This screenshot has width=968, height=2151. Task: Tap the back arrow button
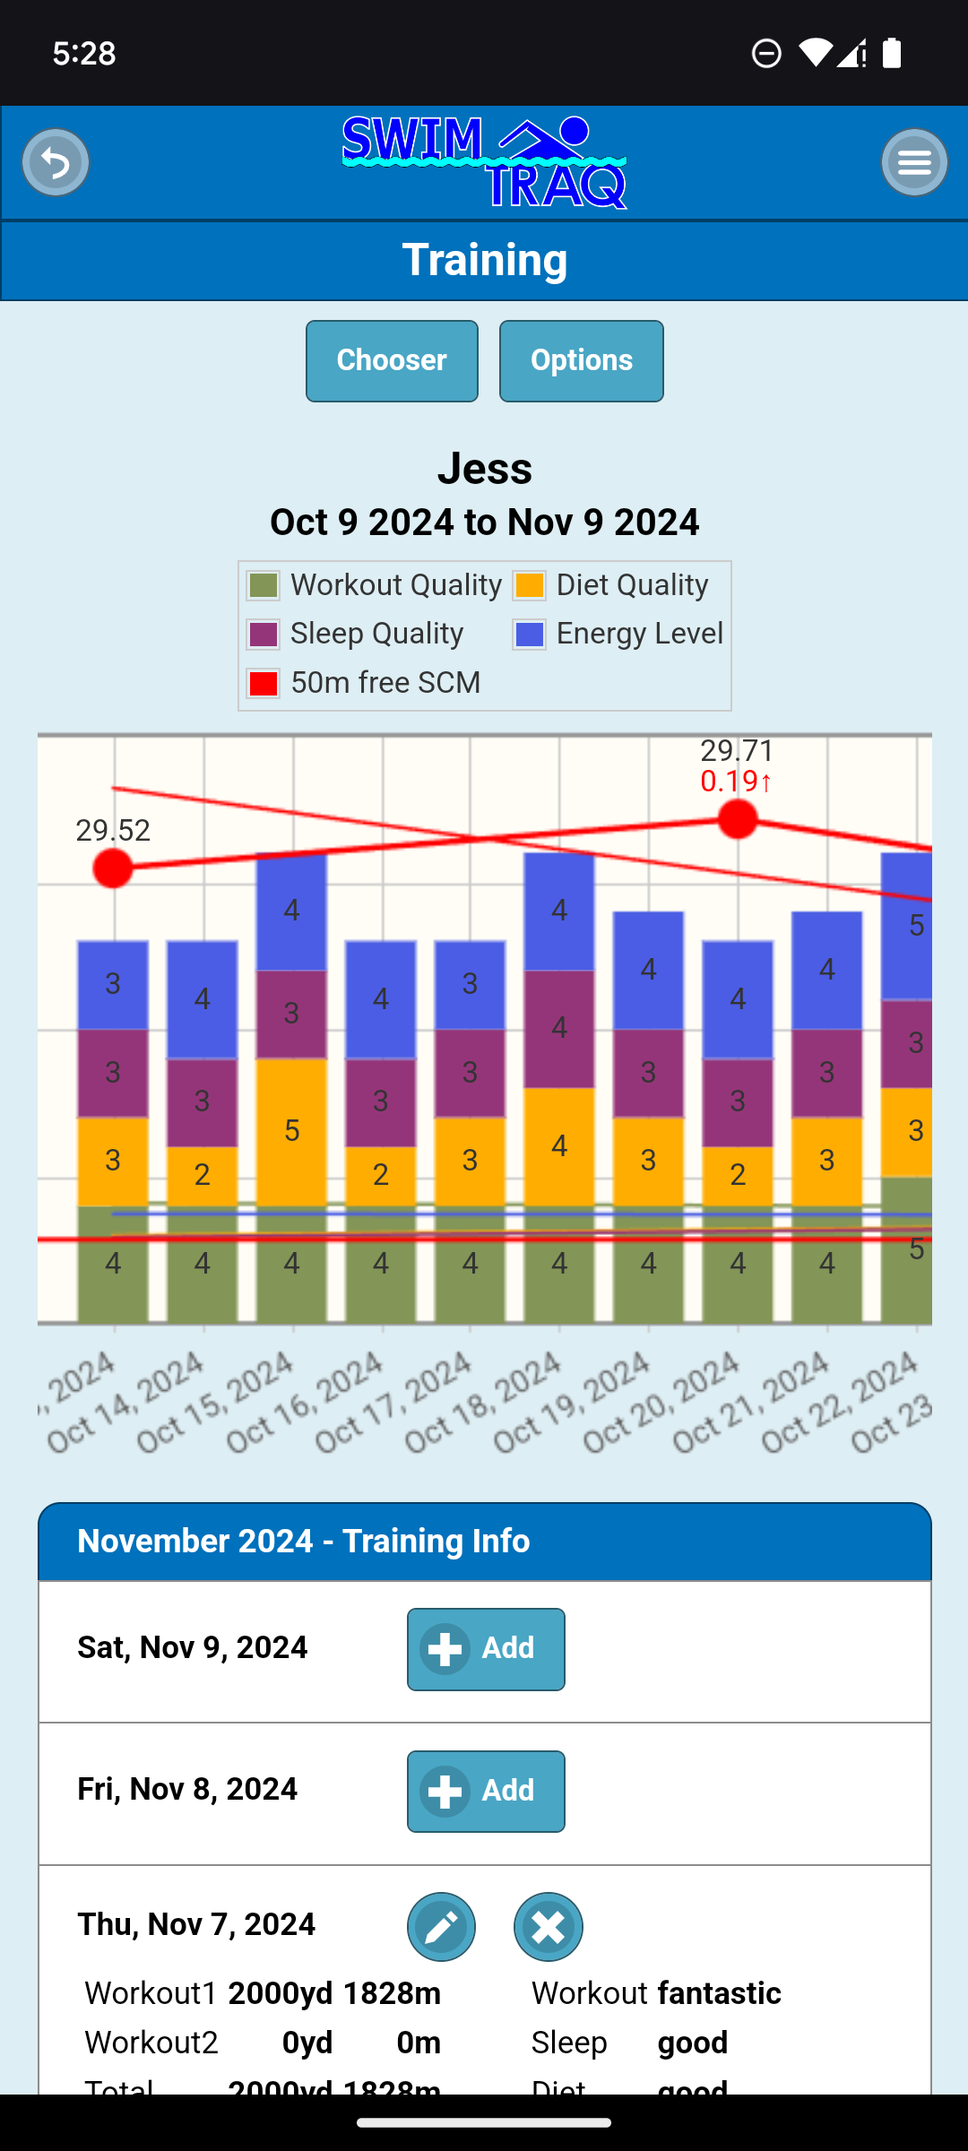point(56,162)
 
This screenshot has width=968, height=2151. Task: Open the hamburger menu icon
point(914,162)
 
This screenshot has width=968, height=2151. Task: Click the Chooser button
point(392,361)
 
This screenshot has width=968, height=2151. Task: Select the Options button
point(581,361)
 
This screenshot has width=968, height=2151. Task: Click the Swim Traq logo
point(484,162)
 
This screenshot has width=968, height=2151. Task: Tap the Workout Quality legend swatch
point(264,585)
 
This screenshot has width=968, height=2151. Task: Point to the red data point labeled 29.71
point(738,819)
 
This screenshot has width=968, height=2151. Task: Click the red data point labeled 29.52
point(113,868)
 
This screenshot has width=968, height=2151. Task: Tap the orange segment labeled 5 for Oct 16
point(291,1131)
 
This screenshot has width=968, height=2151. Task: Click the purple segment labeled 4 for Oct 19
point(559,1028)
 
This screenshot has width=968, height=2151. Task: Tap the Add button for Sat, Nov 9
point(486,1649)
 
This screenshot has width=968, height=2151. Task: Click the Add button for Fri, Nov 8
point(486,1792)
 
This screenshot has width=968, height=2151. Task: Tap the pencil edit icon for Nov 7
point(441,1927)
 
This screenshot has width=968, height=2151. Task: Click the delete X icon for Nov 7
point(549,1927)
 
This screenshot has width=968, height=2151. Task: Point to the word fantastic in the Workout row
point(719,1993)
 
